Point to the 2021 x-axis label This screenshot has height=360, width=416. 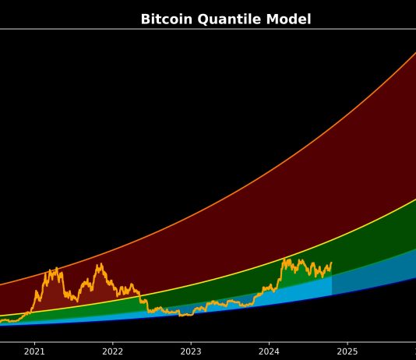[x=34, y=351]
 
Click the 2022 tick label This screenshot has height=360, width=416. [x=112, y=351]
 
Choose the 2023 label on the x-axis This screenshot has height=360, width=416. [x=191, y=351]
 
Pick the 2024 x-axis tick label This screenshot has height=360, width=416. [x=269, y=351]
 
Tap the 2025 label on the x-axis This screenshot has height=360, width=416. [x=347, y=351]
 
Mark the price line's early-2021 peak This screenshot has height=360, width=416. [x=56, y=269]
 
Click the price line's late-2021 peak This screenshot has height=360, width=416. [x=99, y=265]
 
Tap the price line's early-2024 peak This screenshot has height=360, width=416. [x=286, y=259]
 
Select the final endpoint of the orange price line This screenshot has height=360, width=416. [x=331, y=263]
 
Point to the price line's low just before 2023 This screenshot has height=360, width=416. [x=182, y=315]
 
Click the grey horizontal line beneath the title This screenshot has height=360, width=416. [x=208, y=29]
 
